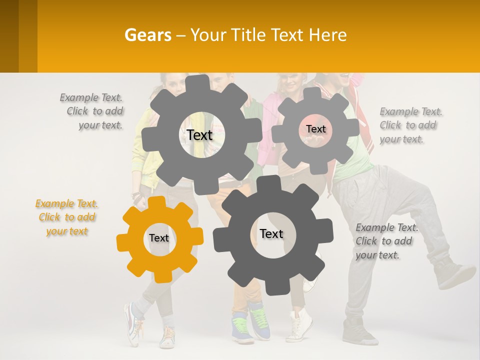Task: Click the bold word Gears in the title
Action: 147,35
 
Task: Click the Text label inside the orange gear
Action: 159,238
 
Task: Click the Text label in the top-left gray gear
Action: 199,135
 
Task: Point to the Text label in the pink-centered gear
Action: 315,129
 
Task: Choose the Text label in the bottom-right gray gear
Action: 271,233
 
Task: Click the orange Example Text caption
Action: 66,217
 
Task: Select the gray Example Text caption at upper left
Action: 92,111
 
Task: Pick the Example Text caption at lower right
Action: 386,241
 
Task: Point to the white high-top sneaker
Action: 301,325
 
